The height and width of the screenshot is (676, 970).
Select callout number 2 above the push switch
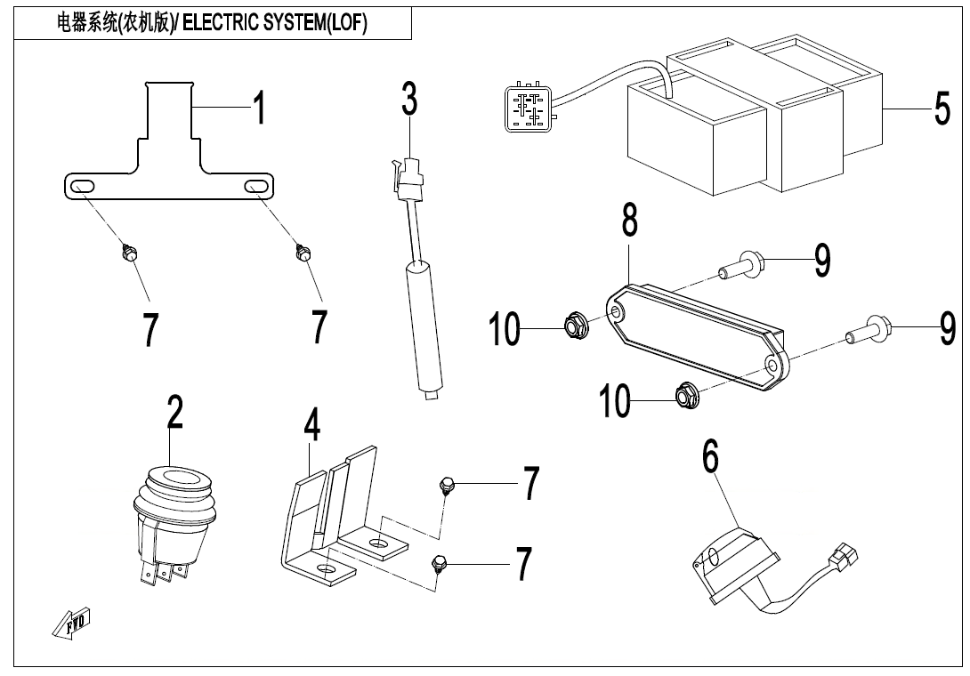(x=175, y=414)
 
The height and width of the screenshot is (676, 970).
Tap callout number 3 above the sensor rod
(x=408, y=99)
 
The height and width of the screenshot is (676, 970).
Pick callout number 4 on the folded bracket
(x=311, y=427)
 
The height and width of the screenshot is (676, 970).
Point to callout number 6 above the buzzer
(x=710, y=457)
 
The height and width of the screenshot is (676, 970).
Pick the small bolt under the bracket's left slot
(x=127, y=254)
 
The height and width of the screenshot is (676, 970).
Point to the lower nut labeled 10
(x=685, y=391)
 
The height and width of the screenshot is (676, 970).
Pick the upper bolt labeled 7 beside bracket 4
(x=447, y=486)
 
